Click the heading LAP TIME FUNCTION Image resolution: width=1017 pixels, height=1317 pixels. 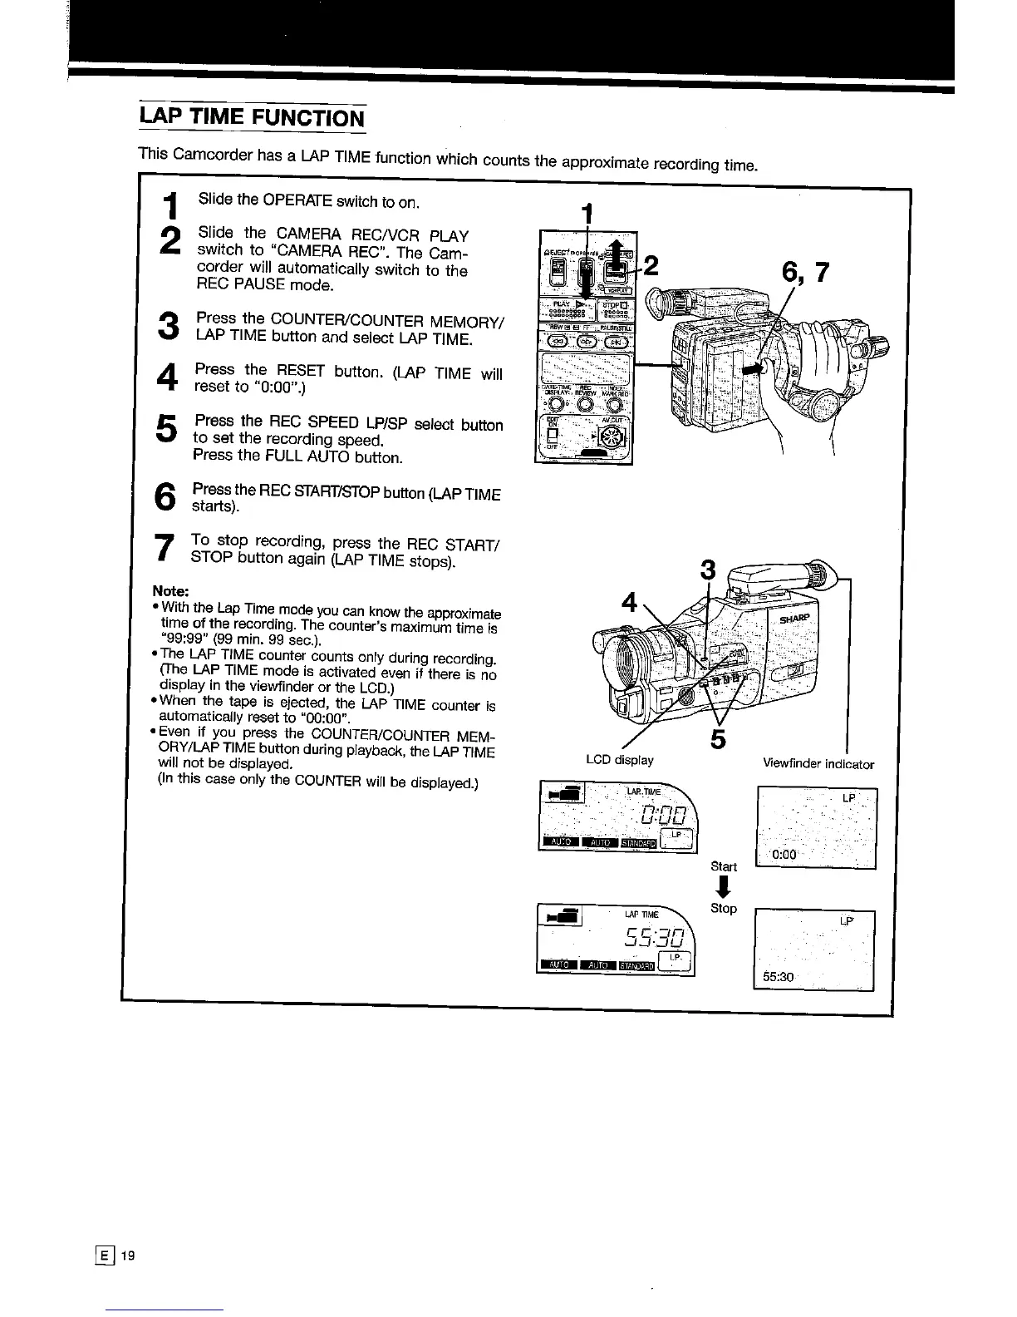251,116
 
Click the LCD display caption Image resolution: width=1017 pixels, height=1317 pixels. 619,760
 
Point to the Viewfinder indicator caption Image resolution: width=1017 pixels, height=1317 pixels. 818,764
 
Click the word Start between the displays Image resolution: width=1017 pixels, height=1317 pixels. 724,866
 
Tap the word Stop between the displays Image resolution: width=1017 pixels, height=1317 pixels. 724,908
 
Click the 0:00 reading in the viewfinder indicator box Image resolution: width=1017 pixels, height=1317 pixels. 784,855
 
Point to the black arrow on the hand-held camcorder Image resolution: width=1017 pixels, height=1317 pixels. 756,372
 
